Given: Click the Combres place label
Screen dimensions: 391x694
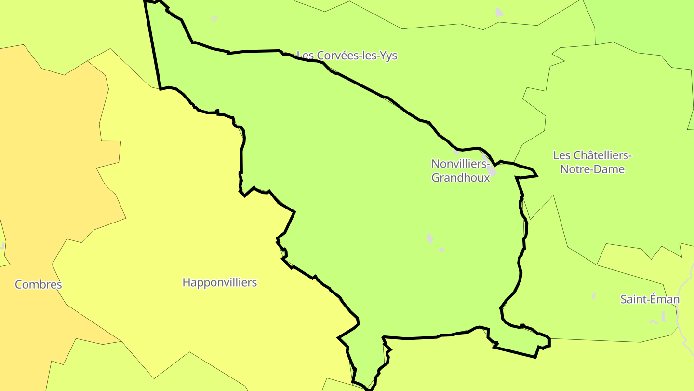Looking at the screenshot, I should pyautogui.click(x=39, y=284).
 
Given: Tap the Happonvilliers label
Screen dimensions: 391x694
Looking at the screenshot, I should pyautogui.click(x=219, y=282).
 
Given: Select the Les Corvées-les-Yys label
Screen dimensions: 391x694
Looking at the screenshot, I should pyautogui.click(x=347, y=56).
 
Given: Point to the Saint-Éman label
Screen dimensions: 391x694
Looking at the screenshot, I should pyautogui.click(x=650, y=299).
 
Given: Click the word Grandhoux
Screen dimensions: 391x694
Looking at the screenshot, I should pyautogui.click(x=460, y=178).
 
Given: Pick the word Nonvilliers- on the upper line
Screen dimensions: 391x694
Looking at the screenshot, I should pyautogui.click(x=460, y=164).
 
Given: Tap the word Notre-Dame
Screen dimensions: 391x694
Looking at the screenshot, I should pyautogui.click(x=592, y=169).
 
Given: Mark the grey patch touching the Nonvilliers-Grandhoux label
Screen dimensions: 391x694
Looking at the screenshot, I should pyautogui.click(x=491, y=170).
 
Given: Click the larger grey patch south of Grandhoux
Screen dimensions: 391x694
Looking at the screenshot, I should pyautogui.click(x=429, y=238).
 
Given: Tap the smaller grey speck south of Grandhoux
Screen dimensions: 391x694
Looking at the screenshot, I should pyautogui.click(x=441, y=250).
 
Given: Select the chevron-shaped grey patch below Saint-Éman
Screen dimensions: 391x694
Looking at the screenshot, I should pyautogui.click(x=654, y=321).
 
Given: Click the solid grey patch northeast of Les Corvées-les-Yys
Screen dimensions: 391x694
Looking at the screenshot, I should pyautogui.click(x=499, y=13).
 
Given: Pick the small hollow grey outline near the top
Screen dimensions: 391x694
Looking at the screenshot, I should pyautogui.click(x=214, y=19).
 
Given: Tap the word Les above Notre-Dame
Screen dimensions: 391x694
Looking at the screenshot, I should pyautogui.click(x=561, y=155).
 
